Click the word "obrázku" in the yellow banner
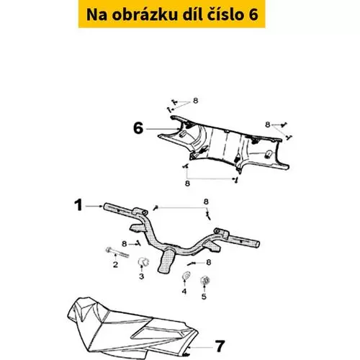[x=144, y=14]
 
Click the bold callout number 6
[x=138, y=128]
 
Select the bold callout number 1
[x=78, y=206]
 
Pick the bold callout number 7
[x=220, y=346]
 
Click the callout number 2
[x=115, y=264]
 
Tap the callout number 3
[x=142, y=276]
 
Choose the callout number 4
[x=184, y=292]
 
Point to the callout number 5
[x=204, y=297]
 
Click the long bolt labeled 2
[x=117, y=252]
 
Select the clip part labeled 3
[x=143, y=261]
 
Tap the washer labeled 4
[x=186, y=275]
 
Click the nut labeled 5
[x=204, y=280]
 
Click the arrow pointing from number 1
[x=94, y=206]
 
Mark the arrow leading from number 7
[x=201, y=347]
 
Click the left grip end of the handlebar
[x=106, y=207]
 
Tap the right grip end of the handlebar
[x=257, y=244]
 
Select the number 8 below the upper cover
[x=187, y=184]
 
